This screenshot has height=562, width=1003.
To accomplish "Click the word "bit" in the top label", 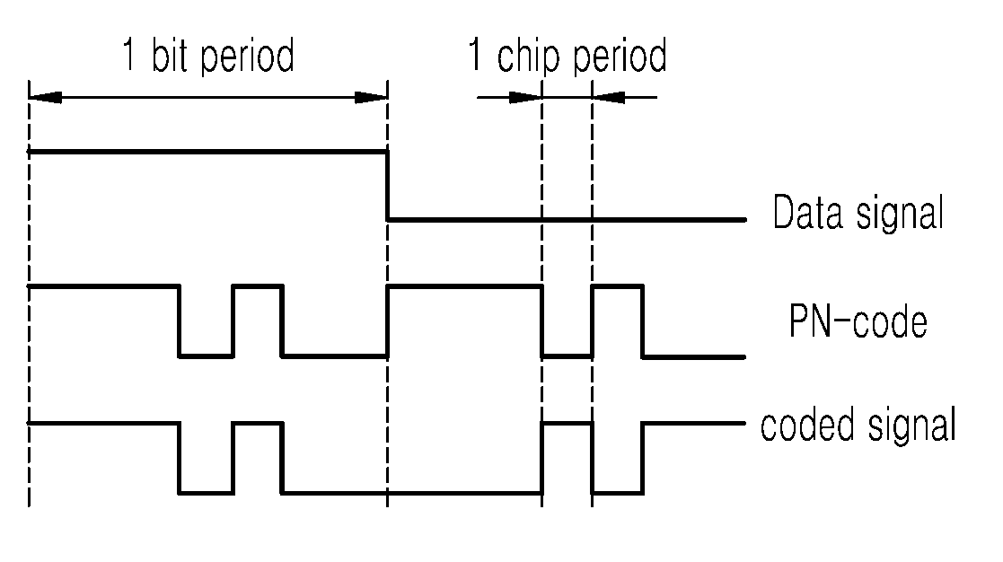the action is point(171,55).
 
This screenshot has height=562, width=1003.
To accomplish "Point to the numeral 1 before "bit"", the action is point(129,55).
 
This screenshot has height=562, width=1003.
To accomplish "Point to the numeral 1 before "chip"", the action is point(475,55).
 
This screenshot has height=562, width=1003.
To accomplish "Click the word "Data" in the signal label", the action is point(808,212).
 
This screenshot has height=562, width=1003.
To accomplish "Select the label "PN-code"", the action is point(858,321).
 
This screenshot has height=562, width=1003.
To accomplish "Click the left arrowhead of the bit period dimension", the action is point(46,98).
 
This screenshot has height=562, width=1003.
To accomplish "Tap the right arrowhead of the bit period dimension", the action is point(371,98).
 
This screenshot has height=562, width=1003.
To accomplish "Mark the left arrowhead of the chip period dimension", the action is point(525,98).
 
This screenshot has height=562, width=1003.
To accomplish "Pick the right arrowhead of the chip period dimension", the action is point(608,98).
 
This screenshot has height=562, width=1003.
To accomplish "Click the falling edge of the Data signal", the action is point(388,186).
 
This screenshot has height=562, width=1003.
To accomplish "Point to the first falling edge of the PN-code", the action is point(179,321).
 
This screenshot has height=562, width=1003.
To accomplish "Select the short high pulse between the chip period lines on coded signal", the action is point(567,423).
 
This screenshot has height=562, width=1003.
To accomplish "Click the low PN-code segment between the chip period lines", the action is point(567,356).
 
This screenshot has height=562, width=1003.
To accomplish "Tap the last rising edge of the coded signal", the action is point(643,458).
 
